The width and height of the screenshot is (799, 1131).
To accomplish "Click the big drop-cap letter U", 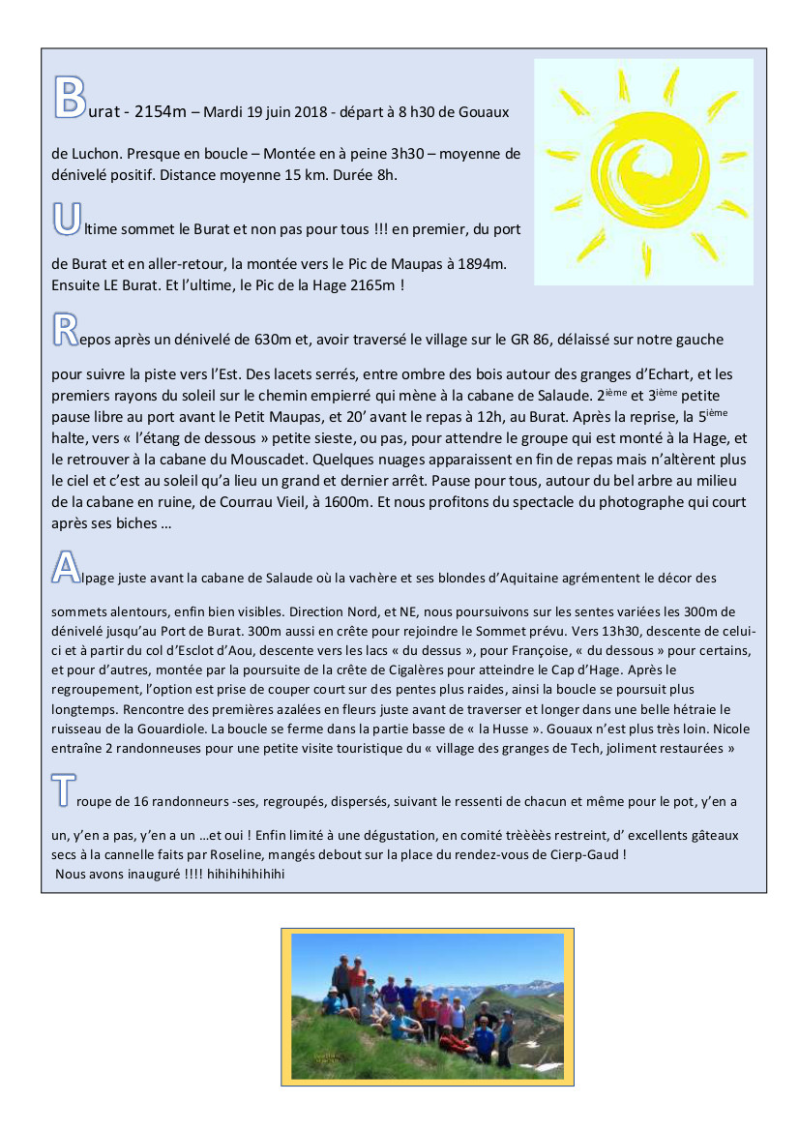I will point(65,217).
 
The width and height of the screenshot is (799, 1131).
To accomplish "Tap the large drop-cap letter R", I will point(64,328).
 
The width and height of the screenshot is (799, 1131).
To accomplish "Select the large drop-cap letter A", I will point(65,567).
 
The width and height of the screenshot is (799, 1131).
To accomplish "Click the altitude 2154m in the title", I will point(161,111).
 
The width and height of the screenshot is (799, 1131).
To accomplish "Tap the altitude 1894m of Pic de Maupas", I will point(481,263).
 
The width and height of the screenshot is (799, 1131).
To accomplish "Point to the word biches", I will point(129,523).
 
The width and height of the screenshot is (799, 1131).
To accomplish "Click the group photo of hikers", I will point(428,1006).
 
